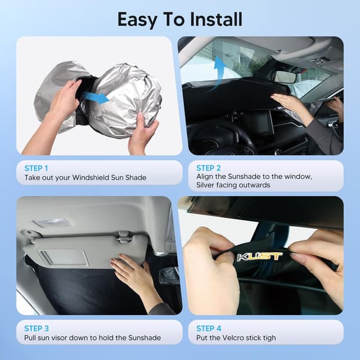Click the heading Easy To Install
tap(180, 19)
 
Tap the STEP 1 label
tap(37, 168)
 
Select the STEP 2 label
tap(209, 168)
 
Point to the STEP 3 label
tap(37, 328)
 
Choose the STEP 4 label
tap(209, 328)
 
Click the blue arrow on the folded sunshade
tap(97, 97)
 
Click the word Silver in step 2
tap(201, 185)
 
